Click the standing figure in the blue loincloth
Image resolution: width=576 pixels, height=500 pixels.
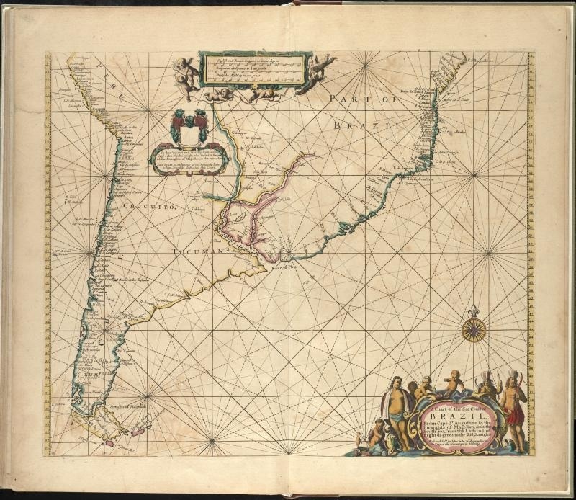395,414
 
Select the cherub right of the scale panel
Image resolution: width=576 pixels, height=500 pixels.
320,70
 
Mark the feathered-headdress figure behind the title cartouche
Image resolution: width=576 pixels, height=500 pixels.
489,386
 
